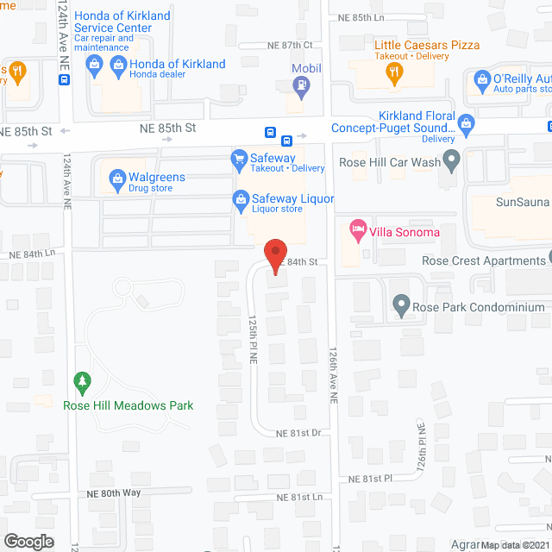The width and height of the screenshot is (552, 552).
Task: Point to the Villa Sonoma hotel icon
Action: [x=357, y=230]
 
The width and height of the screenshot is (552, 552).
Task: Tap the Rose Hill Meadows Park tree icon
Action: [x=83, y=380]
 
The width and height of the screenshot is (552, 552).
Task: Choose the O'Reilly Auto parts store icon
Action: [x=480, y=84]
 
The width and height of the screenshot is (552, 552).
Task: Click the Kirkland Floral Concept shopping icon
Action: [x=467, y=122]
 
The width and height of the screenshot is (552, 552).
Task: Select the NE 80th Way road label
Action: [x=113, y=493]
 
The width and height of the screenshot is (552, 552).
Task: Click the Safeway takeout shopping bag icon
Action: [x=241, y=159]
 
